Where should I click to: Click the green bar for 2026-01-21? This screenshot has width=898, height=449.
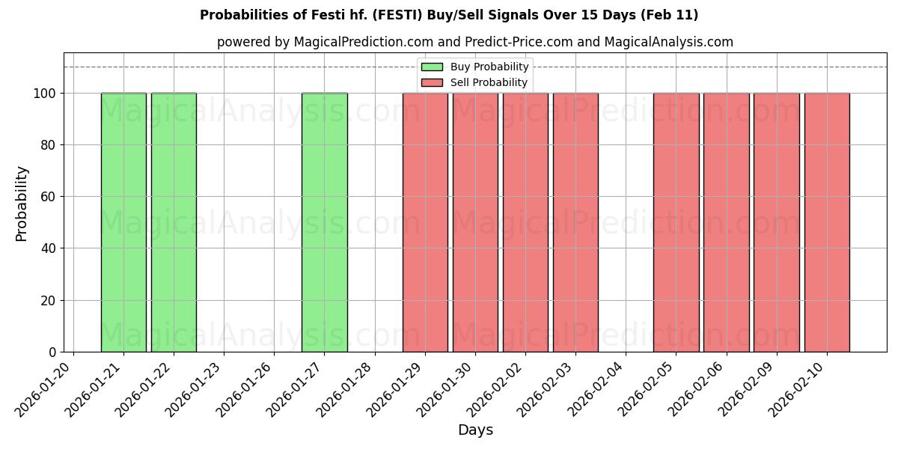click(x=123, y=222)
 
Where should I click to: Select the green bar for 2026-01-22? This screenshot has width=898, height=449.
click(x=174, y=222)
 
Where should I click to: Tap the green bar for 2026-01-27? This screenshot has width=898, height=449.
click(x=324, y=222)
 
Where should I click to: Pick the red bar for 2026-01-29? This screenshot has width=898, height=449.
click(x=425, y=222)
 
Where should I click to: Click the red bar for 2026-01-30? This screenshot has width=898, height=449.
click(x=475, y=222)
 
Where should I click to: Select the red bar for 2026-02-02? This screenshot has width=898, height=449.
click(x=525, y=222)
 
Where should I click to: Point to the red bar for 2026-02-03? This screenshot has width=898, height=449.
click(x=575, y=222)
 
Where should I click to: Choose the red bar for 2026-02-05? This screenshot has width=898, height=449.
click(x=676, y=222)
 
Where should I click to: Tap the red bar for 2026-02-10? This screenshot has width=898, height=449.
click(x=827, y=222)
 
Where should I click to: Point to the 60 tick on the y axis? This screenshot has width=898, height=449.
click(x=48, y=197)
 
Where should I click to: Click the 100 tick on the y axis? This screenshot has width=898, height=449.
click(x=44, y=94)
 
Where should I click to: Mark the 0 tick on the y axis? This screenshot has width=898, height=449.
click(x=52, y=352)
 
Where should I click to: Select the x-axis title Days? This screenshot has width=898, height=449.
click(x=475, y=430)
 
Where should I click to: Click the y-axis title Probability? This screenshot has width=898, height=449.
click(x=22, y=203)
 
